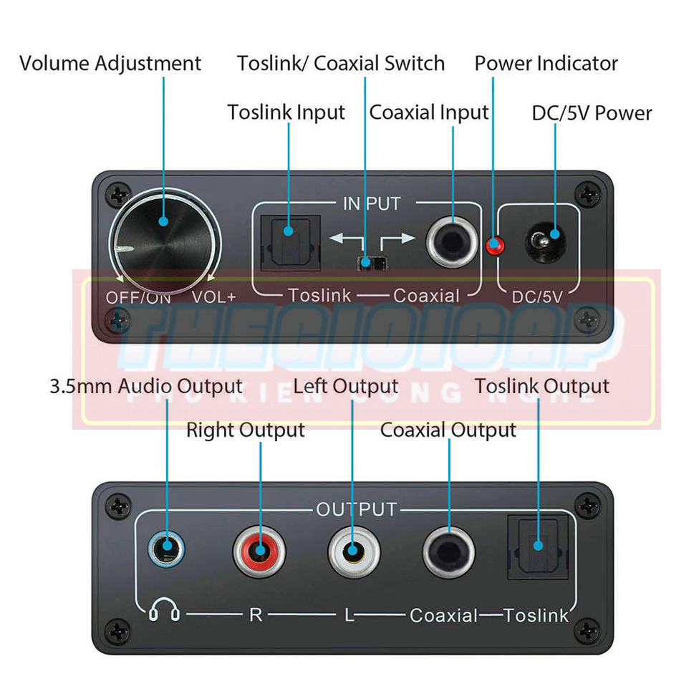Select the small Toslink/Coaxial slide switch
point(368,262)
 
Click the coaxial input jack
point(452,242)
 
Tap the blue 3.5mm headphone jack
point(166,551)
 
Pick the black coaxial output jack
point(448,552)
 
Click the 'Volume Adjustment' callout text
point(110,63)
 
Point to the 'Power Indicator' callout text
point(546,63)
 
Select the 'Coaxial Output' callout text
point(448,430)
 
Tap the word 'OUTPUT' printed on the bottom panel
point(356,510)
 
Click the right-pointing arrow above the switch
point(397,238)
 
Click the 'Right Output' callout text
point(245,430)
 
